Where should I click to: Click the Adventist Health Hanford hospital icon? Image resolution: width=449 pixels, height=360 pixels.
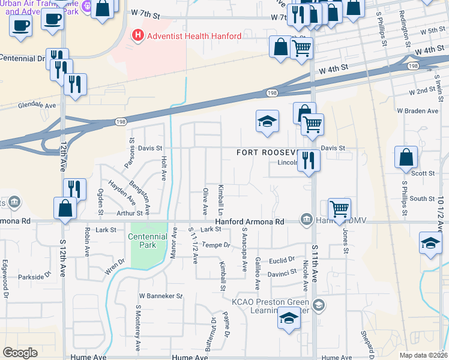click(x=139, y=36)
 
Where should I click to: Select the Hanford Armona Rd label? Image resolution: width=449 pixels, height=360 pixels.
click(x=250, y=221)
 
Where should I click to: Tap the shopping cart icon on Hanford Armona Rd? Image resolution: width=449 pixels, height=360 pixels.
click(x=339, y=209)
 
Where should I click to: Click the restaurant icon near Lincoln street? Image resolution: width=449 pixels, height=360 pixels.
click(x=309, y=160)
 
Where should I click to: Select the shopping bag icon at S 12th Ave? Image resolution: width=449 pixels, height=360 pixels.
click(x=65, y=209)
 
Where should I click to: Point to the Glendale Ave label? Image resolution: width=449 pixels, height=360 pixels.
click(x=37, y=104)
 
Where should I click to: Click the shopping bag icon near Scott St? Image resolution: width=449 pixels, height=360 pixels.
click(x=406, y=157)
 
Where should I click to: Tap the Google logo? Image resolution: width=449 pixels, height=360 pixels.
click(x=20, y=353)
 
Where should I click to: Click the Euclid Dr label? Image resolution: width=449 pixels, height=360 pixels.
click(x=283, y=259)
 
